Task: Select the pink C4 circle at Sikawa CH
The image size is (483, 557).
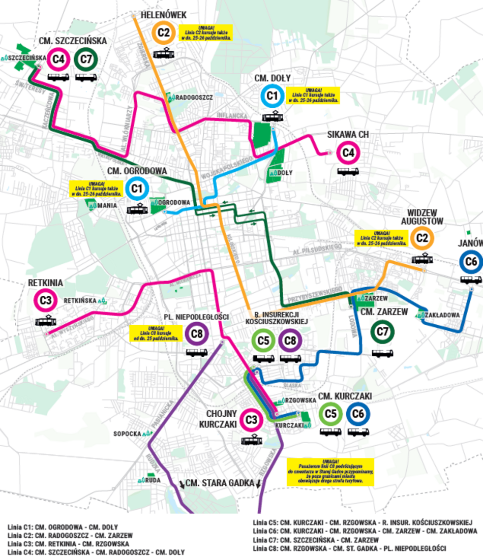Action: tap(348, 152)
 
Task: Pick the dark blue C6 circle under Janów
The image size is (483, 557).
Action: tap(471, 262)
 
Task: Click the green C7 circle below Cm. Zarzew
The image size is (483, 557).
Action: tap(382, 332)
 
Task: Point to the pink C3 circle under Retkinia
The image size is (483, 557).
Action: tap(45, 300)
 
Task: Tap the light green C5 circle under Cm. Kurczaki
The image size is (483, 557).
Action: tap(331, 414)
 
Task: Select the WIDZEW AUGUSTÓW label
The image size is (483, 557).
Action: tap(422, 217)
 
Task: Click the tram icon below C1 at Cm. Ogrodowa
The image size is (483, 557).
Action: tap(137, 209)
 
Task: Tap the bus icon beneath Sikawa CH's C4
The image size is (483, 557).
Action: tap(348, 171)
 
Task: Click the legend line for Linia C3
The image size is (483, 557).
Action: tap(68, 544)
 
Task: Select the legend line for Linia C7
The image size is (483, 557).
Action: tap(315, 540)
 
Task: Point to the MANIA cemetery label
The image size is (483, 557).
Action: tap(107, 206)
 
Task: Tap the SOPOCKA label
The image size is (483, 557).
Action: tap(127, 434)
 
